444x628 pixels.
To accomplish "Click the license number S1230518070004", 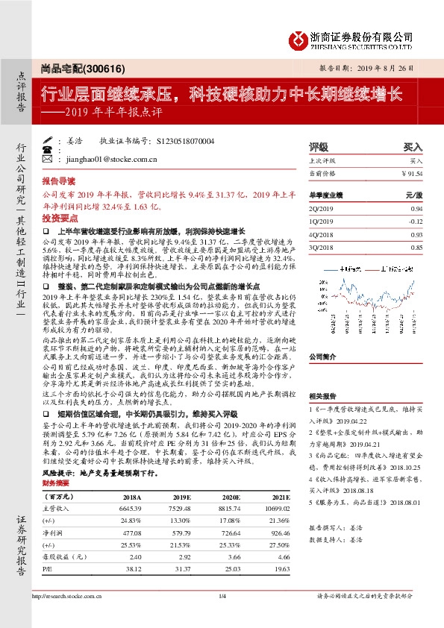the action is click(186, 140).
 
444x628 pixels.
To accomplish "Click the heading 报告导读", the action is click(58, 181).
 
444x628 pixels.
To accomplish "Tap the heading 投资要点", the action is click(58, 218).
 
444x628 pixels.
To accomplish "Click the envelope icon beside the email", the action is click(49, 159).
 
